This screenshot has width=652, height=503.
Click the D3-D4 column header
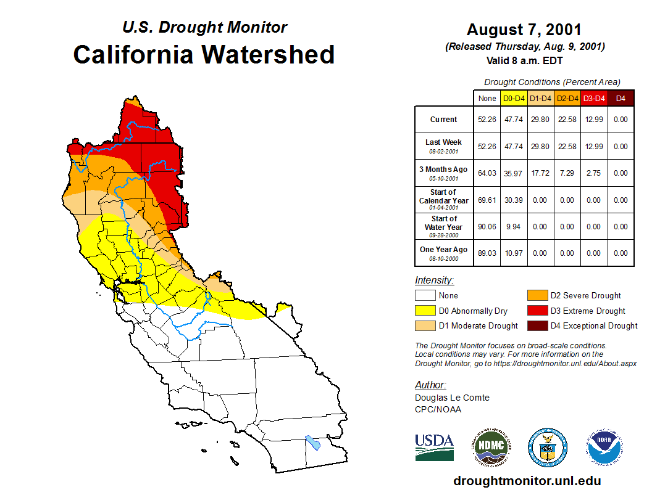click(594, 98)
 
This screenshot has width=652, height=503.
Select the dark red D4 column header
click(621, 98)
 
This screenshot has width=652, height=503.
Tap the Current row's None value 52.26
click(487, 120)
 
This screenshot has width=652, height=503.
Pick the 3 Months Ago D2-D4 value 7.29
click(567, 173)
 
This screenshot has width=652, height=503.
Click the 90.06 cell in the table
click(487, 226)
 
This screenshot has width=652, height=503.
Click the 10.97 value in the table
click(514, 253)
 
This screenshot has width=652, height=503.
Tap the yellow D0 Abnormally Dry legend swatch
click(425, 311)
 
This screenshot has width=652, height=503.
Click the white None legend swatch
click(425, 295)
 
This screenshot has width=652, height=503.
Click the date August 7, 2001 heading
click(524, 30)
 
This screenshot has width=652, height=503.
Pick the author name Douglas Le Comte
click(452, 398)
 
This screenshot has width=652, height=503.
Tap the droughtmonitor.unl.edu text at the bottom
click(527, 481)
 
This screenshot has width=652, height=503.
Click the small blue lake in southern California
click(313, 443)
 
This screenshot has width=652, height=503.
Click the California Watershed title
click(204, 54)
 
